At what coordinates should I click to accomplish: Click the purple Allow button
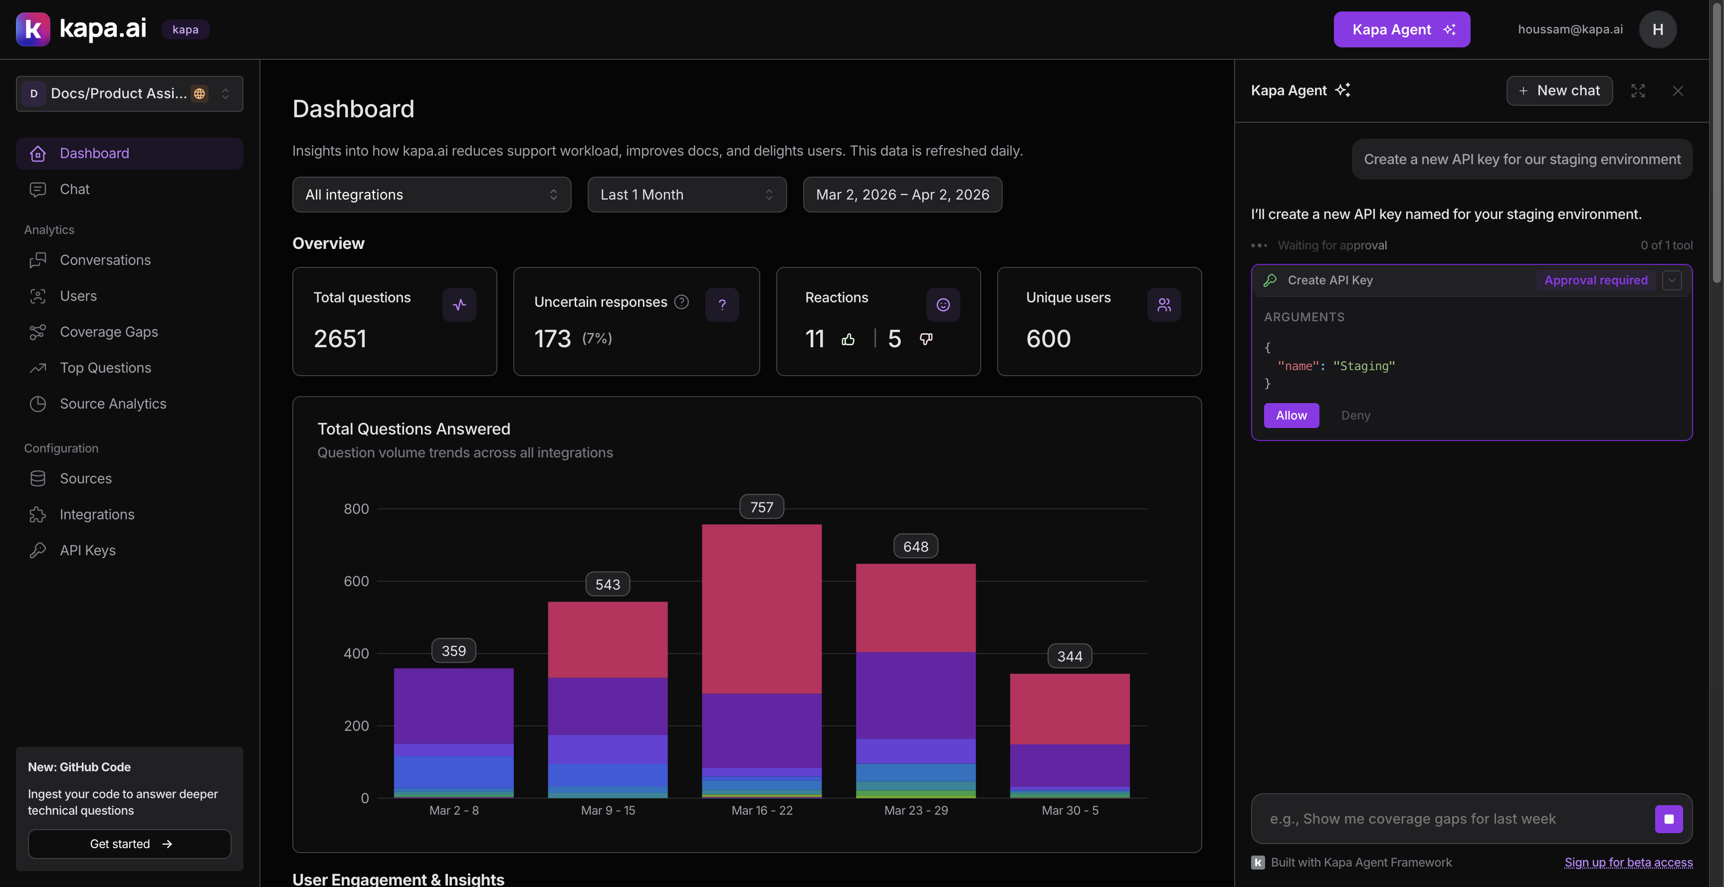(1291, 415)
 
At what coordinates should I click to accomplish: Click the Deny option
(1355, 415)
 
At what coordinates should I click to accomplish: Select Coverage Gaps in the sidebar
(108, 332)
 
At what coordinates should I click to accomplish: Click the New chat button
(1559, 90)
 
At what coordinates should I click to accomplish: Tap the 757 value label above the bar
(761, 507)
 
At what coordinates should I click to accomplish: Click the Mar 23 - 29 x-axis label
(915, 810)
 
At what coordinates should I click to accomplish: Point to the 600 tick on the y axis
(356, 581)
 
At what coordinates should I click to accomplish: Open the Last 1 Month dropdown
(686, 195)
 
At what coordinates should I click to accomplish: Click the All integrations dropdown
(431, 195)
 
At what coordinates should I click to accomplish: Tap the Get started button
(129, 844)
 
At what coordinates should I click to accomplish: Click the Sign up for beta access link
(1628, 862)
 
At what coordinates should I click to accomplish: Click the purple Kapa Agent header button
(1401, 29)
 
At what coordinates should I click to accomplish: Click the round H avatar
(1657, 29)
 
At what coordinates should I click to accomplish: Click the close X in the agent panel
(1677, 90)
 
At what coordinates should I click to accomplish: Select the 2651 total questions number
(340, 339)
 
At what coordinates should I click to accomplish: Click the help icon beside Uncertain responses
(681, 302)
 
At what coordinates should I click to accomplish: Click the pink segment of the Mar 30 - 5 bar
(1069, 708)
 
